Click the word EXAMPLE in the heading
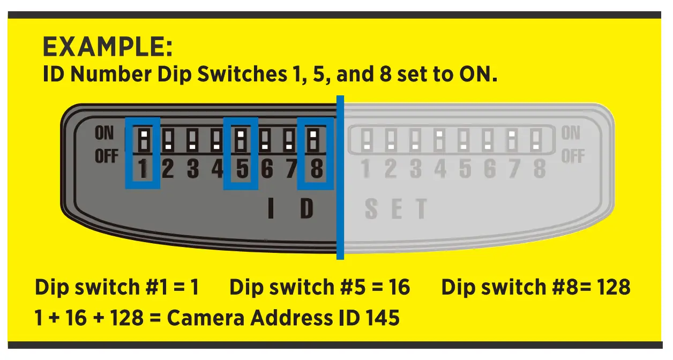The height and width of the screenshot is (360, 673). click(x=107, y=48)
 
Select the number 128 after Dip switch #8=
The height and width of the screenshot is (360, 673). click(x=610, y=287)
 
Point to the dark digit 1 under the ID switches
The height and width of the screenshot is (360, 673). click(x=143, y=170)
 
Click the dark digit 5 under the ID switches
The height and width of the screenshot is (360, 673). click(x=242, y=170)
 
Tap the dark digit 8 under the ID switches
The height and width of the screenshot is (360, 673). click(x=316, y=170)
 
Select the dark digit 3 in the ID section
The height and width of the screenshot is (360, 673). click(x=192, y=170)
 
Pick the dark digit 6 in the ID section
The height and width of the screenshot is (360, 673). click(x=267, y=170)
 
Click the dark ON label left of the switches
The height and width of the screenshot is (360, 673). click(x=104, y=133)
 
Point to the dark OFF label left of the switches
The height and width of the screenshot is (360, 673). click(x=106, y=156)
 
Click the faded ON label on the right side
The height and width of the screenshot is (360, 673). click(x=571, y=133)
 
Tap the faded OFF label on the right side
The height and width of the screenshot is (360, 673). click(x=572, y=156)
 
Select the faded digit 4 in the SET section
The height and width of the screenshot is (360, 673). click(x=440, y=169)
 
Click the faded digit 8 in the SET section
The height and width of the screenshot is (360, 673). click(x=539, y=169)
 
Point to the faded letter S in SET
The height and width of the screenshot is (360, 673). click(x=371, y=209)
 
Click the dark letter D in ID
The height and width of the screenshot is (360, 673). click(x=306, y=209)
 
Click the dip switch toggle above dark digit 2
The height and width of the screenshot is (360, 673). click(x=168, y=139)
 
